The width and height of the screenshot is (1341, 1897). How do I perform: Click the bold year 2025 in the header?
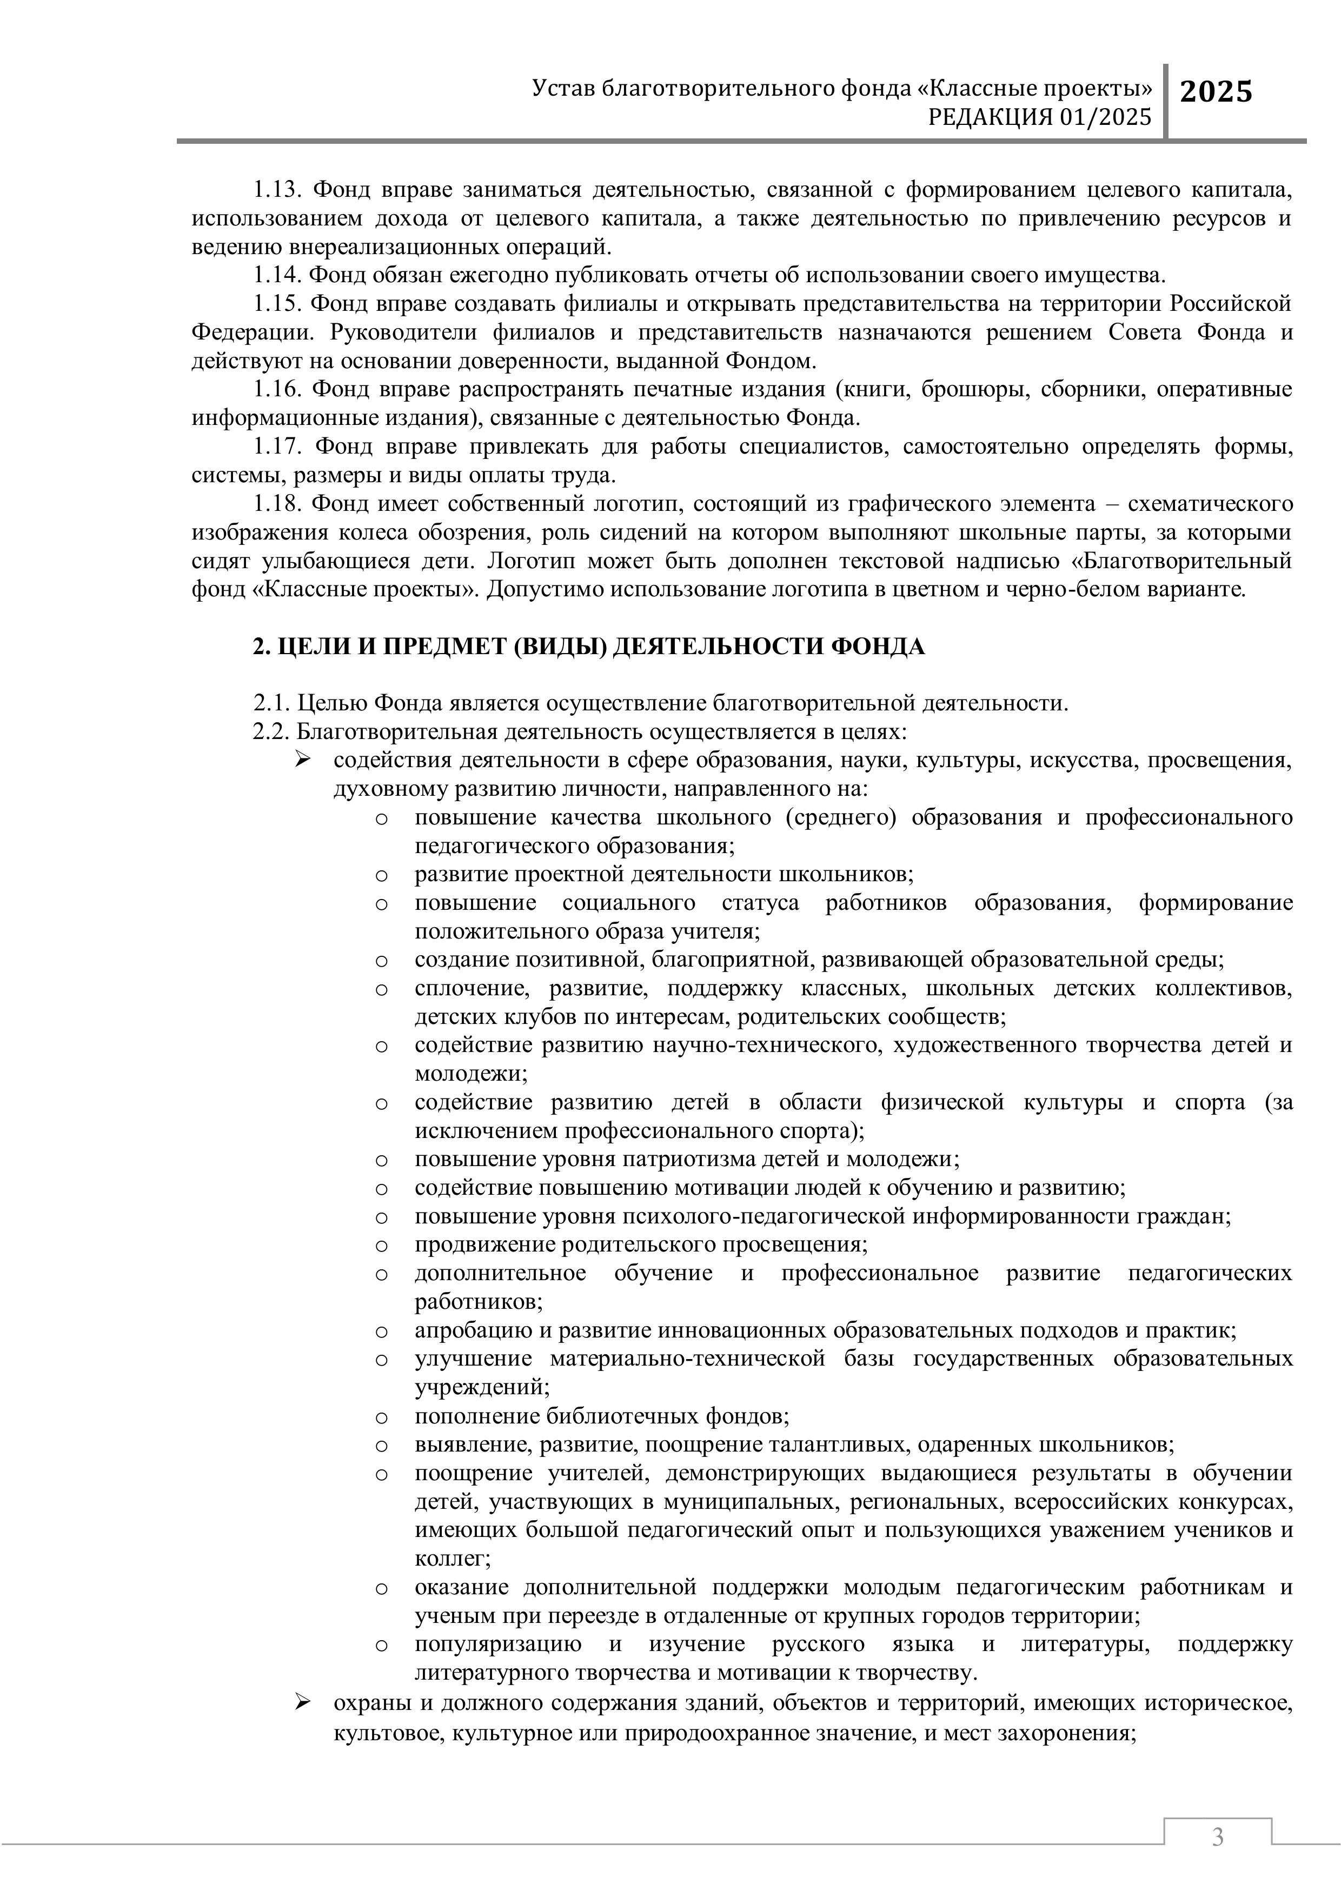click(x=1216, y=92)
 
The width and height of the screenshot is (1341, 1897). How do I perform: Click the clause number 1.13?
click(x=277, y=190)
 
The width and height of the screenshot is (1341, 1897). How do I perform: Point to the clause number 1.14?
click(x=277, y=276)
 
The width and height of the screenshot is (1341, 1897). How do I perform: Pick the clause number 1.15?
click(x=277, y=304)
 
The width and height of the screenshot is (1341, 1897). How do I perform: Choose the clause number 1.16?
click(x=277, y=389)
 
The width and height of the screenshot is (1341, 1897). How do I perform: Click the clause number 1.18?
click(x=277, y=504)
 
